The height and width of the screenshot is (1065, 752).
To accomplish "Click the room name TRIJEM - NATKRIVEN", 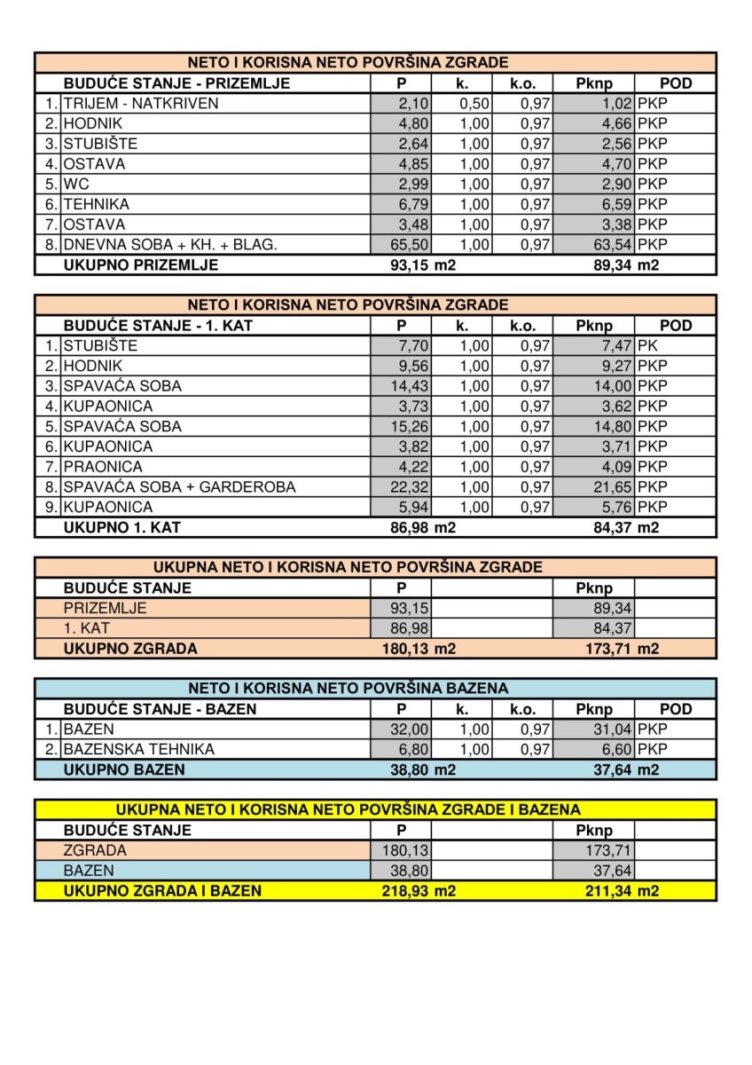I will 140,104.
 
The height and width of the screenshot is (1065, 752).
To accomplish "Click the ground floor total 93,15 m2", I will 422,264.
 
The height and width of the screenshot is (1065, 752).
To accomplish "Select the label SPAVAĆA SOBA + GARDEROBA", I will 179,487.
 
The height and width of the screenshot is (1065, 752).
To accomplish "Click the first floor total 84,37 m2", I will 625,528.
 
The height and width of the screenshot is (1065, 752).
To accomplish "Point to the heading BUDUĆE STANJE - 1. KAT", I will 158,326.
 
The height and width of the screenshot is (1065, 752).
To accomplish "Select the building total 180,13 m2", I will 422,649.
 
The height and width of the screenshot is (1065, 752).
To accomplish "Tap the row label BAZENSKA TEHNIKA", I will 138,749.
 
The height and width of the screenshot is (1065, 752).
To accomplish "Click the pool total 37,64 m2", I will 625,769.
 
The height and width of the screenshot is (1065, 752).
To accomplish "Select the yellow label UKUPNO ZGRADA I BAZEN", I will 162,890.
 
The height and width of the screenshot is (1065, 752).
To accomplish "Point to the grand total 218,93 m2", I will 422,890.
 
